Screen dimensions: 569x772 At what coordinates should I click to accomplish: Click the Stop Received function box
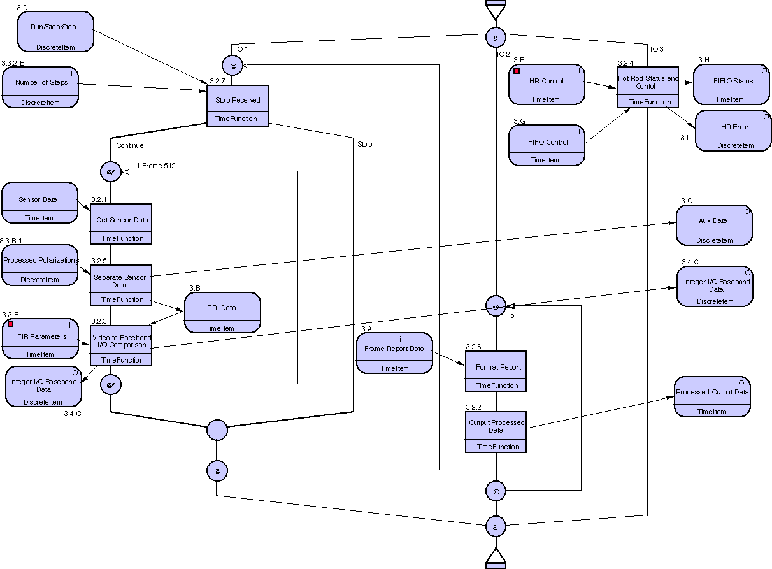237,105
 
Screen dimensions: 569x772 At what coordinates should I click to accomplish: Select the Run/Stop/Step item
55,31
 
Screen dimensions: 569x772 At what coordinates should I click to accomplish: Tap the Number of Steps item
40,87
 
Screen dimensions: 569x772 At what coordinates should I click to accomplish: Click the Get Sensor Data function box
121,224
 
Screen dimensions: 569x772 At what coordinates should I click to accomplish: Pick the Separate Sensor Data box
120,284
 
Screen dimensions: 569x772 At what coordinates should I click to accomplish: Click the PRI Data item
222,312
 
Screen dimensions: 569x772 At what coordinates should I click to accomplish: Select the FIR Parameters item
40,338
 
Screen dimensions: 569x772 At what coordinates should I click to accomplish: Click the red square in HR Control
517,71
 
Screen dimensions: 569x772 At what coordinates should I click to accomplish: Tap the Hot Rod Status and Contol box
647,86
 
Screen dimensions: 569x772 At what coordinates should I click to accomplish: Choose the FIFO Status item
732,84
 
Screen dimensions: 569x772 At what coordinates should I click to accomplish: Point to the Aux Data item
713,225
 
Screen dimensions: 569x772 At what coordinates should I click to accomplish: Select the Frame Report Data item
394,352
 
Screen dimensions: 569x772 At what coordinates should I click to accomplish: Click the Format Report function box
496,371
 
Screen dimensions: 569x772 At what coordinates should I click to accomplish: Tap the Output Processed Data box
496,431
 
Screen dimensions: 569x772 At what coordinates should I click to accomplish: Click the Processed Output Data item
711,396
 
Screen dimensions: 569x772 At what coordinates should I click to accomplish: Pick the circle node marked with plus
217,431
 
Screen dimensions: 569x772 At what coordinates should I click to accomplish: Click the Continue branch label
130,145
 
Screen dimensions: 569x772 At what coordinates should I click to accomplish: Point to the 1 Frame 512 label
156,166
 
